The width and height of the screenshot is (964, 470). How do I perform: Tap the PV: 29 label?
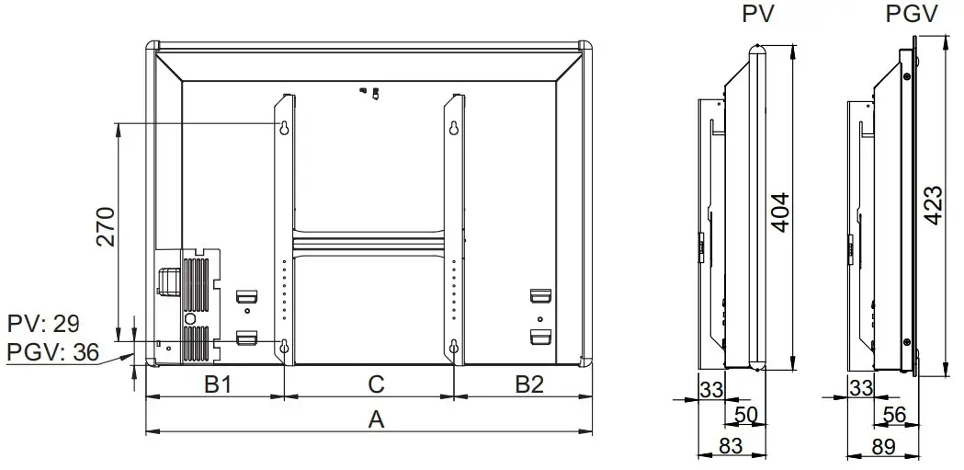point(42,324)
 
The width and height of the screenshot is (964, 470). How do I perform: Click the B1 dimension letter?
point(217,384)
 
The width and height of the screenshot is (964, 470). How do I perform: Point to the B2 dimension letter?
point(528,384)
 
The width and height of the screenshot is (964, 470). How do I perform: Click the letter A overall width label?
point(375,419)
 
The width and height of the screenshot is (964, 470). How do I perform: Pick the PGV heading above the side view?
point(910,16)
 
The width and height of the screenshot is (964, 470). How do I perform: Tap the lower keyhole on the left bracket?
point(284,347)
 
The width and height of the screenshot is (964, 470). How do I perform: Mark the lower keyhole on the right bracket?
point(454,347)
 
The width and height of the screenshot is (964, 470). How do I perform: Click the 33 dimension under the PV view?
point(710,388)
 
